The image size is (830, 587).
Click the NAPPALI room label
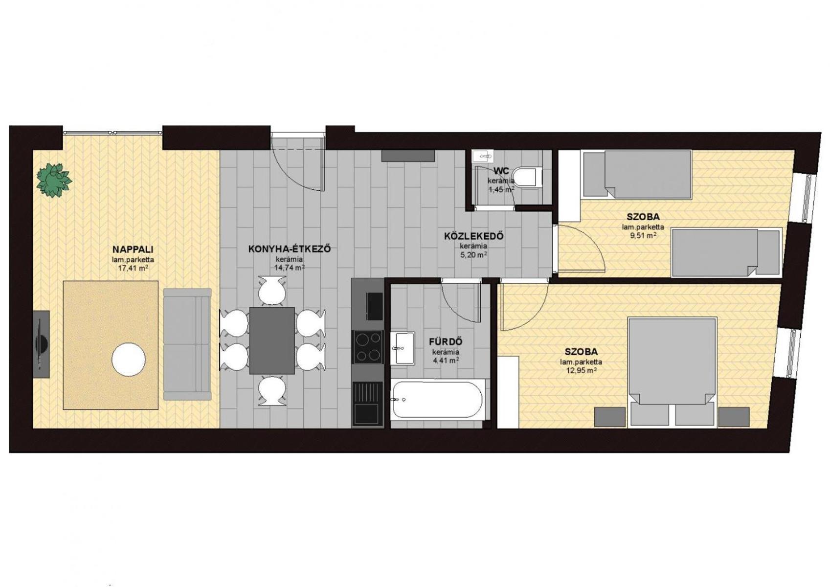pyautogui.click(x=133, y=248)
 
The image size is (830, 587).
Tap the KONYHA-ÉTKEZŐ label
pyautogui.click(x=290, y=248)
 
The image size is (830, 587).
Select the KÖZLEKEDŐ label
pyautogui.click(x=473, y=236)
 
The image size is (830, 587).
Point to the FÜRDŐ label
pyautogui.click(x=446, y=341)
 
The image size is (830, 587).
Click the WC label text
pyautogui.click(x=501, y=171)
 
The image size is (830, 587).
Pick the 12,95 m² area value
pyautogui.click(x=581, y=370)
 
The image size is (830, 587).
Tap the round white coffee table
pyautogui.click(x=129, y=359)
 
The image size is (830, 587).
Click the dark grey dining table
pyautogui.click(x=272, y=340)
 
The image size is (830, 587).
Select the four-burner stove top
pyautogui.click(x=368, y=347)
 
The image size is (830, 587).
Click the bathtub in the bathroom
pyautogui.click(x=438, y=400)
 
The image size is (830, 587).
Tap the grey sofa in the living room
pyautogui.click(x=187, y=344)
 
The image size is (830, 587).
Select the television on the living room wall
pyautogui.click(x=41, y=344)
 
